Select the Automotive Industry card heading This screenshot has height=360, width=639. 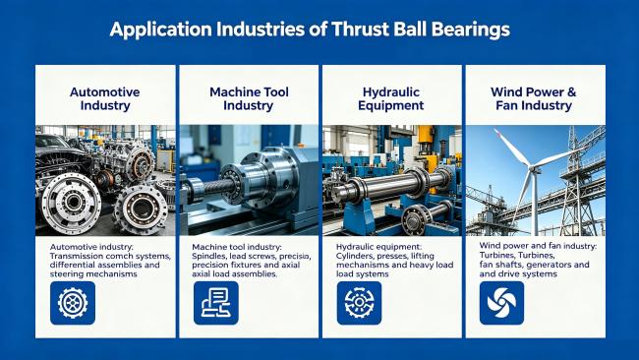point(105,98)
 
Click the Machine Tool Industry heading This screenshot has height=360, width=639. point(249,98)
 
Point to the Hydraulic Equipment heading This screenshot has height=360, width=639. point(391,98)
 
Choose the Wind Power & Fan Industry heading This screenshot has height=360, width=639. point(534,98)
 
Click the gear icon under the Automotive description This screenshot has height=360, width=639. point(73,303)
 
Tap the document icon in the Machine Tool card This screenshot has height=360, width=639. point(216,303)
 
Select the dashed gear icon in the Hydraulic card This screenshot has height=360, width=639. point(360,303)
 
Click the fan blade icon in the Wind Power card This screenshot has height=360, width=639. point(501,303)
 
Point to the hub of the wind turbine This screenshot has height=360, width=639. point(533,168)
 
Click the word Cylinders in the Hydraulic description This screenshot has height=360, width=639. point(354,256)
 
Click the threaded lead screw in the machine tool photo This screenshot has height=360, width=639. point(215,188)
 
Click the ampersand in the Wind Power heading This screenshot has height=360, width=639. point(571,92)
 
